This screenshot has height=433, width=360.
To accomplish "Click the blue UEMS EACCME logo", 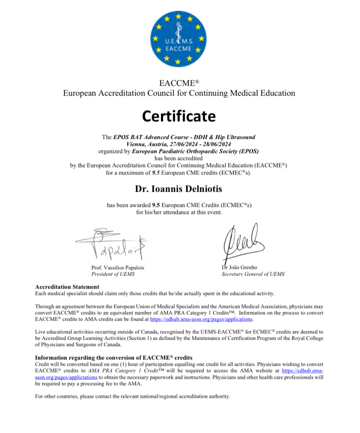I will coord(179,38).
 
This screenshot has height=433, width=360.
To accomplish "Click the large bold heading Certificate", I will coord(179,116).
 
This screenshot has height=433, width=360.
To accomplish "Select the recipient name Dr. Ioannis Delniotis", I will coord(179,189).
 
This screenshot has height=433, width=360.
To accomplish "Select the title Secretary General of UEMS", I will coord(253,274).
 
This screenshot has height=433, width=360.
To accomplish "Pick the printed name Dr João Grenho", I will coord(239,267).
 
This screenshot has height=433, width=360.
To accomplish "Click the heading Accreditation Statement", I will coord(67,287).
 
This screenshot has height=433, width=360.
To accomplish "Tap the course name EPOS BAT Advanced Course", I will coord(153,137).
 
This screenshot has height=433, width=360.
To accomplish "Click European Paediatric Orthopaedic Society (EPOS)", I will coord(196,151).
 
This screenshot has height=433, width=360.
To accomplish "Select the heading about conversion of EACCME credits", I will coord(114,358).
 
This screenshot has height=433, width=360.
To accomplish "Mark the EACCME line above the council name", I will coord(179,82).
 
